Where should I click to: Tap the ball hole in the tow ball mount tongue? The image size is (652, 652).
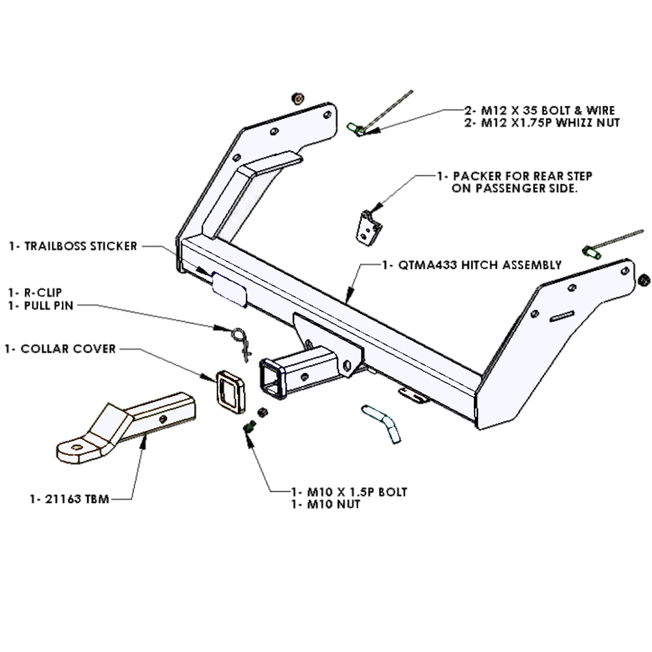click(x=76, y=448)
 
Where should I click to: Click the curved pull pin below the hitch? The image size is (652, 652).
click(x=382, y=423)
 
